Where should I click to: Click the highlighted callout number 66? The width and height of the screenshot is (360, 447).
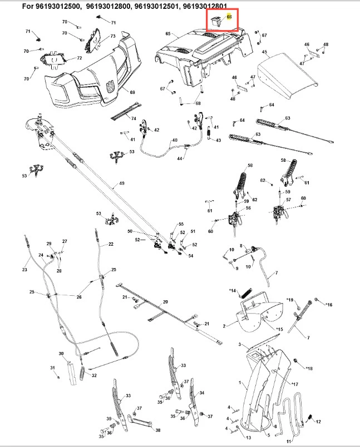tap(229, 17)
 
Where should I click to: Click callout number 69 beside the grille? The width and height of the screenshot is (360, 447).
tap(132, 92)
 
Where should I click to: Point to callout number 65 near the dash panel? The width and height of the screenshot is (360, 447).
tap(168, 34)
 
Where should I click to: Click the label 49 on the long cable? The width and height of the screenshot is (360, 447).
tap(122, 183)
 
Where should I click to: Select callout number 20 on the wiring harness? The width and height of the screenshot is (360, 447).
tap(165, 301)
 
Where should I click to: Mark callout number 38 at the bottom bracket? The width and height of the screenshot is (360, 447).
tap(158, 430)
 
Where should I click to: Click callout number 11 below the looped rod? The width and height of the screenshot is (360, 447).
tap(289, 441)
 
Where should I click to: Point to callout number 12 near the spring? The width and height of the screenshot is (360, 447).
tap(319, 422)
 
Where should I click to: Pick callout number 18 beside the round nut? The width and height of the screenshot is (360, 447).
tap(310, 368)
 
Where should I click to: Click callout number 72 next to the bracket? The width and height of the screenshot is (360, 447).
tap(80, 58)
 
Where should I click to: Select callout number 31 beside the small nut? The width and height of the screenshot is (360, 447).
tap(52, 368)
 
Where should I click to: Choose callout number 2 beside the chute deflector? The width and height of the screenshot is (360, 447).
tap(224, 325)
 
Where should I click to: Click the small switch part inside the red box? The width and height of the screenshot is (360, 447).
tap(218, 20)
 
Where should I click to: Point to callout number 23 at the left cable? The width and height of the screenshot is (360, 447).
tap(24, 270)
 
